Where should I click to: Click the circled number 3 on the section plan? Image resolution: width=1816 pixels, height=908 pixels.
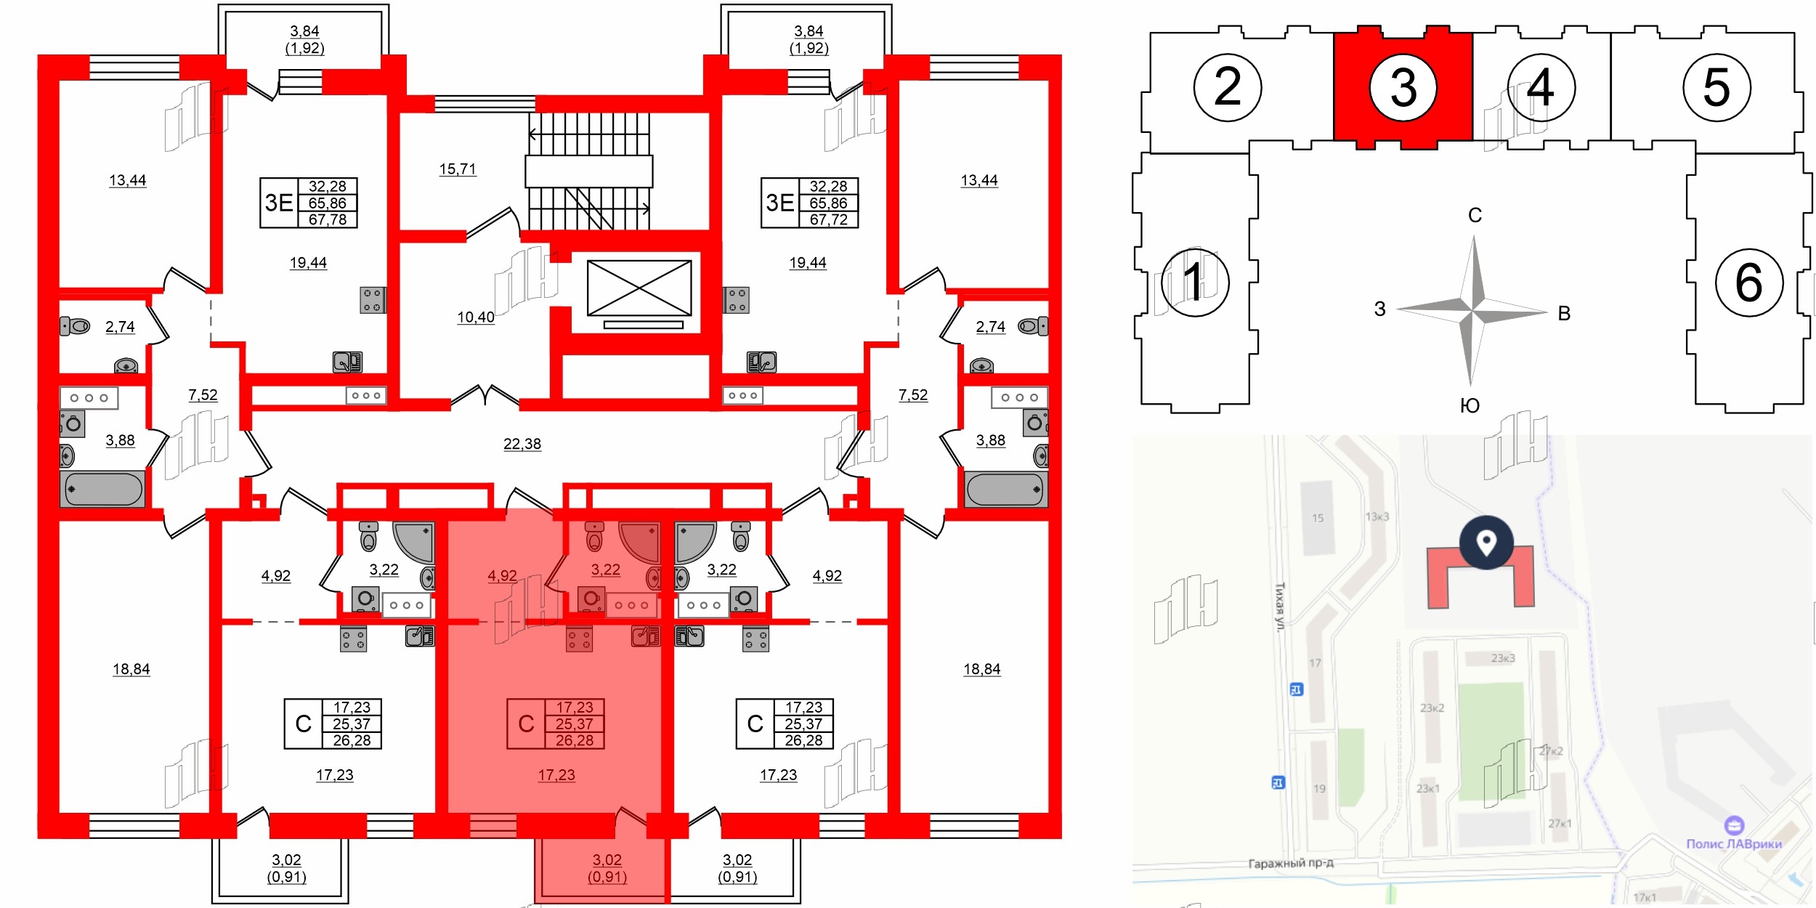pyautogui.click(x=1403, y=88)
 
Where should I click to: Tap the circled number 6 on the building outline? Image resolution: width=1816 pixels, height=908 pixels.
pyautogui.click(x=1748, y=282)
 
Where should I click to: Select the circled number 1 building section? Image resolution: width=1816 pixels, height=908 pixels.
pyautogui.click(x=1194, y=282)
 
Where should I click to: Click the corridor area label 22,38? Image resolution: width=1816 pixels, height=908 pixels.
pyautogui.click(x=522, y=444)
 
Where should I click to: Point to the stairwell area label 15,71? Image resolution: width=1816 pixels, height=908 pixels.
pyautogui.click(x=457, y=169)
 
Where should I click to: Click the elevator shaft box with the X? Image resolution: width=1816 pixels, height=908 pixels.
pyautogui.click(x=639, y=288)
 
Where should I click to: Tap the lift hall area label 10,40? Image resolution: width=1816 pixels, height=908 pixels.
pyautogui.click(x=475, y=317)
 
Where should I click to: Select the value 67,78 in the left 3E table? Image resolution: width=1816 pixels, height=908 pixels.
pyautogui.click(x=327, y=219)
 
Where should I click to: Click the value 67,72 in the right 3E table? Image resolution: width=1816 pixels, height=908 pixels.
pyautogui.click(x=828, y=219)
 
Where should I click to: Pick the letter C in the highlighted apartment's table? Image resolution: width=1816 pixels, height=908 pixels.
pyautogui.click(x=526, y=723)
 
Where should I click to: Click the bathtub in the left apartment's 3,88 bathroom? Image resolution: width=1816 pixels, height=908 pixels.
pyautogui.click(x=103, y=489)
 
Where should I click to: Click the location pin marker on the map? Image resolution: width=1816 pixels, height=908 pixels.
pyautogui.click(x=1486, y=542)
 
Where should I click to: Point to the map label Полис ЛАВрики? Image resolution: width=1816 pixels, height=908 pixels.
pyautogui.click(x=1733, y=843)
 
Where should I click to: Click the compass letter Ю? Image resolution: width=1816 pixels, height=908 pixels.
pyautogui.click(x=1470, y=405)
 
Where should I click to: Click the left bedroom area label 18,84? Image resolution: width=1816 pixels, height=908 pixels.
pyautogui.click(x=131, y=669)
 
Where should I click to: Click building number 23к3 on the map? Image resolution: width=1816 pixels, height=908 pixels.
pyautogui.click(x=1503, y=658)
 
